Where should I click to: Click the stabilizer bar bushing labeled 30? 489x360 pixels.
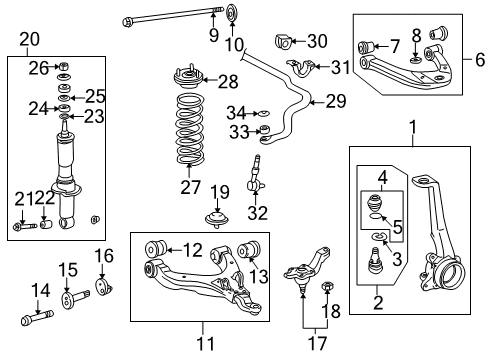283,43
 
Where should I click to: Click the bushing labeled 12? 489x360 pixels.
155,248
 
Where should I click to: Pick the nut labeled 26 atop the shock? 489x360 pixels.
63,67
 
